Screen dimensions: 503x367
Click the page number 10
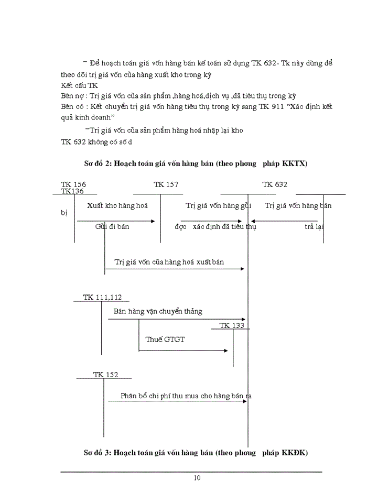coord(197,477)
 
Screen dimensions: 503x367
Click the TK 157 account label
coord(166,184)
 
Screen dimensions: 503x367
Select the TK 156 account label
coord(73,184)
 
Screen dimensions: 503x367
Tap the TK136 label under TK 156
coord(72,191)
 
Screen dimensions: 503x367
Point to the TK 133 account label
coord(232,325)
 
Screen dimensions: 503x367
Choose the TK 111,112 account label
coord(102,297)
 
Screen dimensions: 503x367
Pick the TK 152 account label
coord(105,374)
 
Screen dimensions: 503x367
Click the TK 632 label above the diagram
coord(275,184)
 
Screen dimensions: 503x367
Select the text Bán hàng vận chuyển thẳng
coord(158,311)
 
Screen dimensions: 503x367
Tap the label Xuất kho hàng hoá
coord(117,206)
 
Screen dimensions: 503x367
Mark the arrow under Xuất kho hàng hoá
coord(116,221)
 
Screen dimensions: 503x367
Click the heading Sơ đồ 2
coord(196,163)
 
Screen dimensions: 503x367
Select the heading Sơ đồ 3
coord(196,452)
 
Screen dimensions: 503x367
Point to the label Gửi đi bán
coord(112,227)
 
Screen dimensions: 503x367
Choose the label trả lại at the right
coord(315,227)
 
